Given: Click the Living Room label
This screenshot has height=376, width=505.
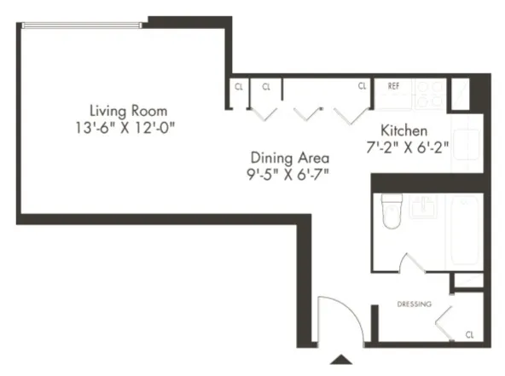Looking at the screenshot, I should click(128, 111).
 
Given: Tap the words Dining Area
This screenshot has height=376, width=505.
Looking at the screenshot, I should click(289, 158).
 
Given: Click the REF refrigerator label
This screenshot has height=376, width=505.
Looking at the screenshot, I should click(394, 86).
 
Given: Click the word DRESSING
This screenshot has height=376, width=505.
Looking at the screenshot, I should click(414, 304).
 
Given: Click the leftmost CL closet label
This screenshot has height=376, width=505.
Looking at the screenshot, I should click(238, 86).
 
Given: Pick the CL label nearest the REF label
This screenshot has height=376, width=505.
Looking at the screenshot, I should click(362, 86).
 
